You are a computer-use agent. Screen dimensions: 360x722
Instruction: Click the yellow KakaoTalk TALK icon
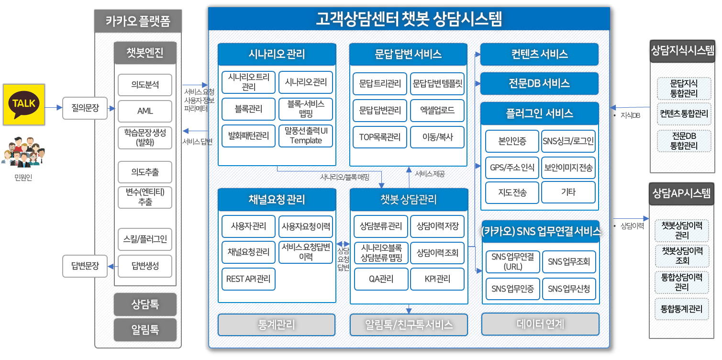[x=24, y=105]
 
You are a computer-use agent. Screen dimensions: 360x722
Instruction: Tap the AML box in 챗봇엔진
[x=145, y=111]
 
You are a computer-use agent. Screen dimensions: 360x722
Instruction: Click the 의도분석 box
[x=145, y=85]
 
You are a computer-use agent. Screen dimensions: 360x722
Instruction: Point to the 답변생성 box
[x=145, y=265]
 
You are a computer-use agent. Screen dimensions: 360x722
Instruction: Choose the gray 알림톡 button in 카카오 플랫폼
[x=145, y=330]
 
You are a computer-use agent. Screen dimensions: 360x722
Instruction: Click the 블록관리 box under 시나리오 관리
[x=248, y=109]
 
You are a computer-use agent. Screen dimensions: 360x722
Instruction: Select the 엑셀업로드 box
[x=437, y=110]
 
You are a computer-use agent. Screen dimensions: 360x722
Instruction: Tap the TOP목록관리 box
[x=380, y=137]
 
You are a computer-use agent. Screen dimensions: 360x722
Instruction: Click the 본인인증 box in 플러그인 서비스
[x=512, y=141]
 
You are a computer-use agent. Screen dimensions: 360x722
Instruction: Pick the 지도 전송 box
[x=512, y=192]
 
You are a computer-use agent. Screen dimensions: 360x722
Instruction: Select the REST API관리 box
[x=248, y=279]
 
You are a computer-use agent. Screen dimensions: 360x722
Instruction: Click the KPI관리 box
[x=437, y=279]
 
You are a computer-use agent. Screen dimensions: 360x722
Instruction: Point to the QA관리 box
[x=381, y=279]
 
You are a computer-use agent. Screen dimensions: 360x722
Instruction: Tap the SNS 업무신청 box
[x=569, y=289]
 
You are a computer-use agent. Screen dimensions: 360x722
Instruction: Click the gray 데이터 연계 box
[x=540, y=324]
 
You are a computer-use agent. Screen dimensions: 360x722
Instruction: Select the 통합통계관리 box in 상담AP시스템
[x=682, y=309]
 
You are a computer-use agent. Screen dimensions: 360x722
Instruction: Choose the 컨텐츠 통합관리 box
[x=684, y=114]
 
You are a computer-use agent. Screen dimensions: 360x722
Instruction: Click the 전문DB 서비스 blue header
[x=539, y=83]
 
